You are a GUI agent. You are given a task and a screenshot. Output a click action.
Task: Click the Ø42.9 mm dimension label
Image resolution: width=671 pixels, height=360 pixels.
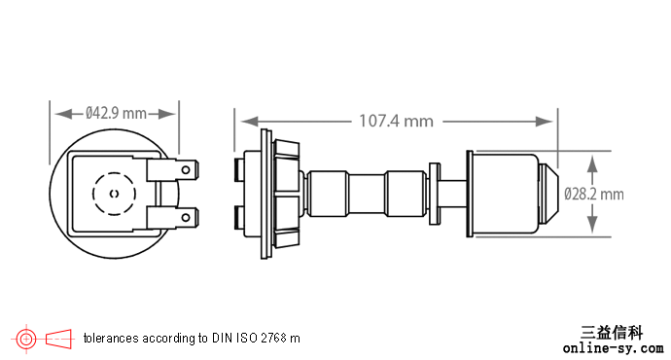tap(116, 114)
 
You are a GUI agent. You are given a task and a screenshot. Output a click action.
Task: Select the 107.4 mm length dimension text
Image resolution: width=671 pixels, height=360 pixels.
tap(396, 122)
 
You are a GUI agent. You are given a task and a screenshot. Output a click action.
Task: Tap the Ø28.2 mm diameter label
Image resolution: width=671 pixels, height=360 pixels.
tap(594, 195)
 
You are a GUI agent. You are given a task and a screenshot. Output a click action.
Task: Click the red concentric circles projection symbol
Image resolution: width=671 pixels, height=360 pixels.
tap(26, 340)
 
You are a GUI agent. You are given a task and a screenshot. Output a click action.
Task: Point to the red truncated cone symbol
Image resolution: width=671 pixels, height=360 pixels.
tap(58, 339)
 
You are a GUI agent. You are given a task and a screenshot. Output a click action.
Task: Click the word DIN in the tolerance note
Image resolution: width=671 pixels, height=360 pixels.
tap(221, 339)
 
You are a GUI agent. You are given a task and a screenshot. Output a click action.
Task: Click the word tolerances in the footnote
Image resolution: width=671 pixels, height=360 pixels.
tap(111, 339)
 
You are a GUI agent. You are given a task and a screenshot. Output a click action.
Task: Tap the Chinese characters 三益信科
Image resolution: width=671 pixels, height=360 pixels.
tap(612, 332)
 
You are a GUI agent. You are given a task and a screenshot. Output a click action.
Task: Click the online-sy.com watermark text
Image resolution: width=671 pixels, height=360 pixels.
tap(614, 348)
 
